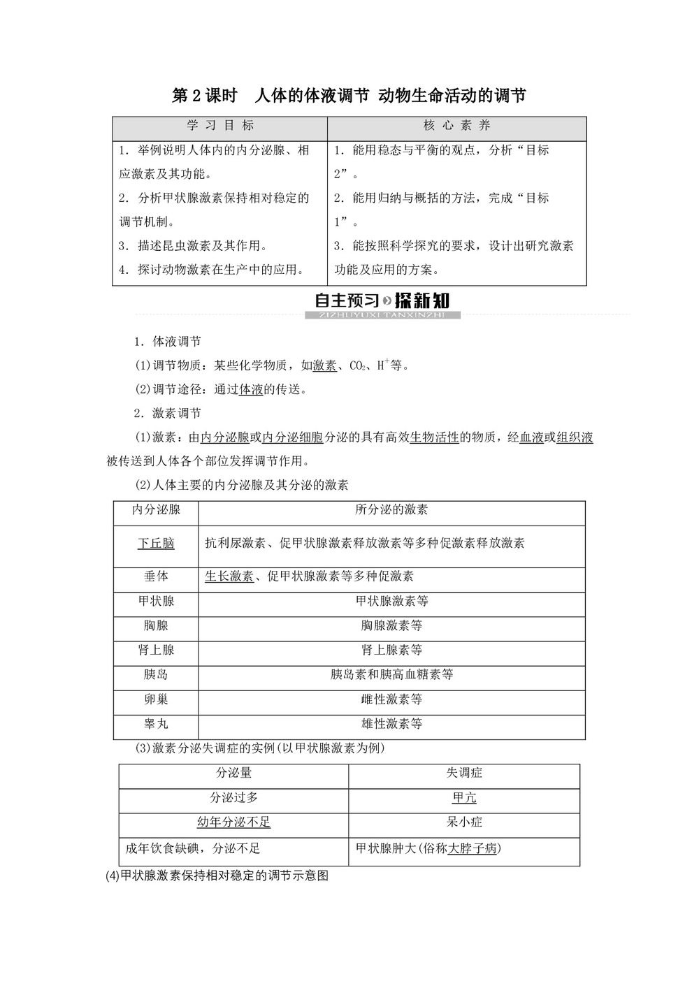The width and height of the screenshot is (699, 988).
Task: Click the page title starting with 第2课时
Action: coord(349,96)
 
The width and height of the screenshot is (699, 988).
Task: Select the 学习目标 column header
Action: coord(220,126)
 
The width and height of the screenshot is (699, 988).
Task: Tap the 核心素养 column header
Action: coord(457,126)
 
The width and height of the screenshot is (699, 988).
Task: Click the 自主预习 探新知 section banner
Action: coord(382,302)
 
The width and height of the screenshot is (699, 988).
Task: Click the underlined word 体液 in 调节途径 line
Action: coord(251,389)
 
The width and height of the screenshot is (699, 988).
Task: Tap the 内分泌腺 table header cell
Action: coord(156,510)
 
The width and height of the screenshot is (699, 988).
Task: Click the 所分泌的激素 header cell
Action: coord(391,510)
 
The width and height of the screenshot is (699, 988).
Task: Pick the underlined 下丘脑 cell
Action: coord(156,544)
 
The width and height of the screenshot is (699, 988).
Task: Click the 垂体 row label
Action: coord(156,576)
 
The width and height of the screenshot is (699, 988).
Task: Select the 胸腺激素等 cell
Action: coord(391,625)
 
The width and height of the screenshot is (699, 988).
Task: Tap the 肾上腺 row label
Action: coord(156,650)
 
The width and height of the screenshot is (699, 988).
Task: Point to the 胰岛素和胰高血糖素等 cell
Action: coord(391,674)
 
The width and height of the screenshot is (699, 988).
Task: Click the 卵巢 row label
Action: coord(156,699)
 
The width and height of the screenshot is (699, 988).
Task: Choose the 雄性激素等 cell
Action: coord(391,724)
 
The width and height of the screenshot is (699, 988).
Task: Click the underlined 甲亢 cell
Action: coord(464,797)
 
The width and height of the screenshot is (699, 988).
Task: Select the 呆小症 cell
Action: coord(464,822)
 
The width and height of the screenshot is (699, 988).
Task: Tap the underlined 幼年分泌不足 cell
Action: coord(233,822)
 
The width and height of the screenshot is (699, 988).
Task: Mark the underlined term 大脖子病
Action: coord(473,848)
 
